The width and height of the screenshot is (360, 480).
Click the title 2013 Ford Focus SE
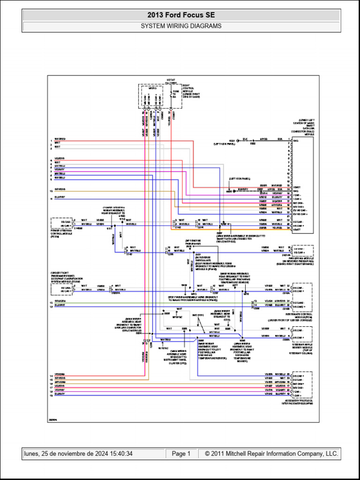tap(181, 15)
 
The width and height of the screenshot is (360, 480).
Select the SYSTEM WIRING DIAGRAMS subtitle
tap(181, 26)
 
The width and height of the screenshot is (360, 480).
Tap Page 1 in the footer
tap(181, 454)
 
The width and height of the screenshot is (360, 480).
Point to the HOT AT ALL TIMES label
tap(171, 82)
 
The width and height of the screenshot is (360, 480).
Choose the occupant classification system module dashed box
tap(61, 288)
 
